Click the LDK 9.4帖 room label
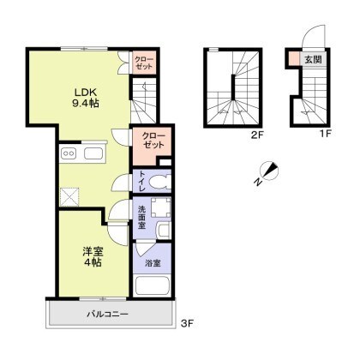click(x=85, y=98)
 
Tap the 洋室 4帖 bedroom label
click(x=93, y=256)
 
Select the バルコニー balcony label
click(x=108, y=315)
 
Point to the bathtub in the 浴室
click(x=153, y=285)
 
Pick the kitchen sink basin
click(x=93, y=153)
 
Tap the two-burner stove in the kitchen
click(x=69, y=153)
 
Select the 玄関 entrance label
click(x=313, y=59)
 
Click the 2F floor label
click(x=257, y=134)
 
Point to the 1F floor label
click(x=325, y=134)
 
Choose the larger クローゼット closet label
click(x=153, y=140)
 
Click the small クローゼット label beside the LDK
click(x=144, y=63)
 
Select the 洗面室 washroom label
click(x=141, y=217)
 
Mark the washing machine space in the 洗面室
click(x=160, y=207)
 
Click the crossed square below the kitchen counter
click(x=69, y=197)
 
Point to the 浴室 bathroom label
click(x=153, y=263)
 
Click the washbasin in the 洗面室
click(x=164, y=231)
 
